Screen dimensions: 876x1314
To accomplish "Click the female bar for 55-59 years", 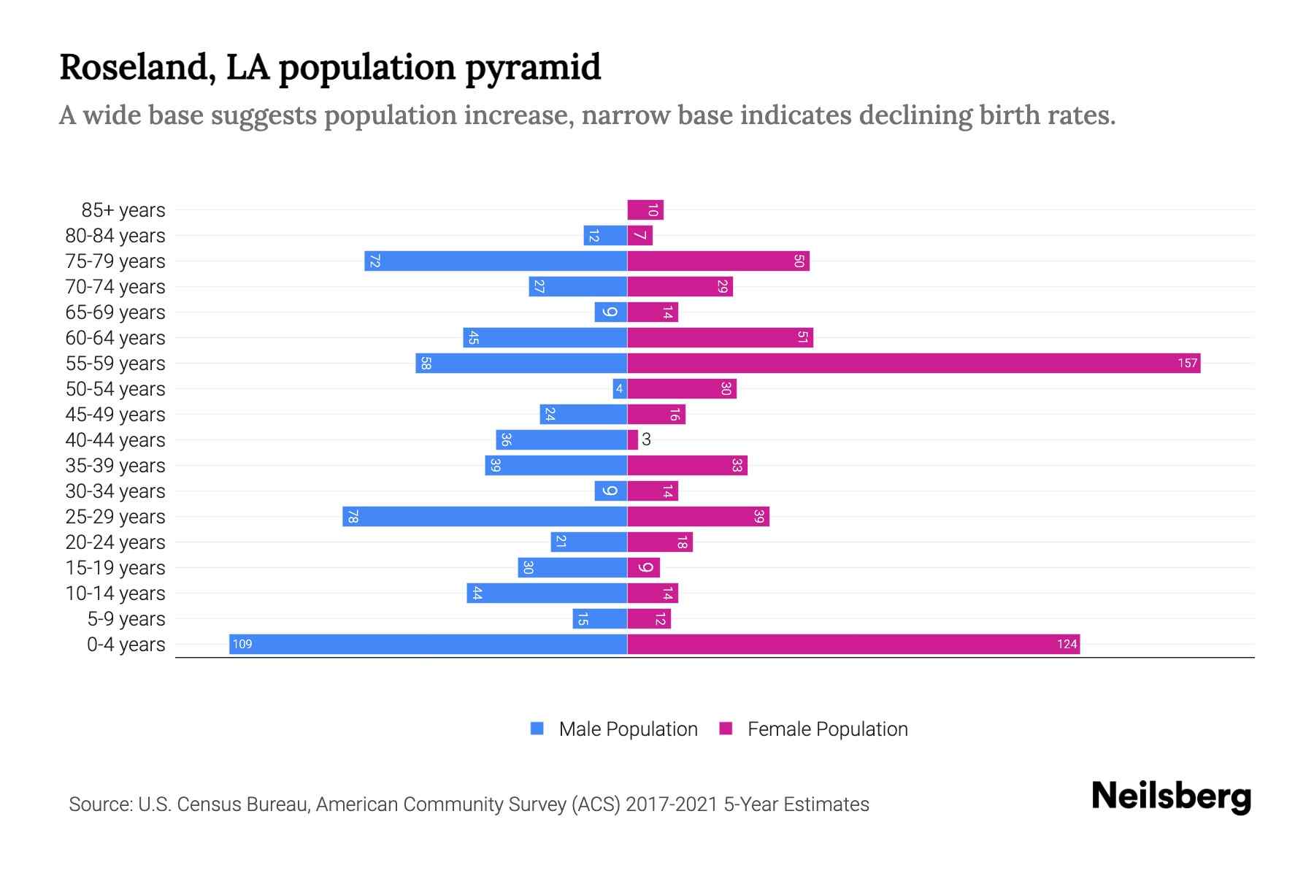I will (x=912, y=363).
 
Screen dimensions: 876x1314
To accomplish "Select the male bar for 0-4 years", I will (x=428, y=644).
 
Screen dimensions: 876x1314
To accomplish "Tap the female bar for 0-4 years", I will (x=853, y=644).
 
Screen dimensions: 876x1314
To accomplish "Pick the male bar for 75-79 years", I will (x=496, y=261).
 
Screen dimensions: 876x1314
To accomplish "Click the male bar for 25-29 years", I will (x=485, y=516).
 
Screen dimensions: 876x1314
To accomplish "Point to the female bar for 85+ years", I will (x=645, y=210).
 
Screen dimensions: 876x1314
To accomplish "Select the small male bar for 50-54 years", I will (x=620, y=388).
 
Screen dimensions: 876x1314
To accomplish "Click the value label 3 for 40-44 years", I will (x=646, y=439).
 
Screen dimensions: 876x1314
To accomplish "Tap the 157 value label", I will (x=1187, y=363).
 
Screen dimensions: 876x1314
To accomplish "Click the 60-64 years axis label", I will (x=115, y=337).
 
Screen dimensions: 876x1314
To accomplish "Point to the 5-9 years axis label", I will (x=126, y=618).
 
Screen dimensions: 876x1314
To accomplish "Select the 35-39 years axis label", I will (x=115, y=465).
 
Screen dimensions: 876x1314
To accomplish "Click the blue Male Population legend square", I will (x=537, y=729).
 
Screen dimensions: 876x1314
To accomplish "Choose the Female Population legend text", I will (x=827, y=729).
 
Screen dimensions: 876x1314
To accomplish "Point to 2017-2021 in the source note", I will (x=672, y=804).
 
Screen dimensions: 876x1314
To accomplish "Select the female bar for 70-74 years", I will (x=680, y=286).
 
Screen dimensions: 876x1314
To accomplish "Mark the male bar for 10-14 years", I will (x=547, y=593).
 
